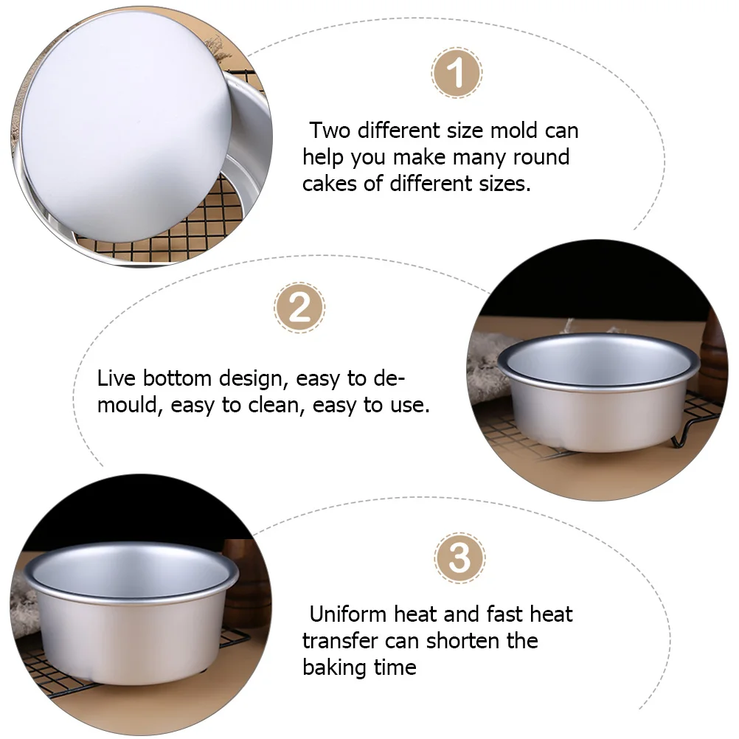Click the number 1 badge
click(457, 73)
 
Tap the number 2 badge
click(299, 307)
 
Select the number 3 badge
click(459, 558)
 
